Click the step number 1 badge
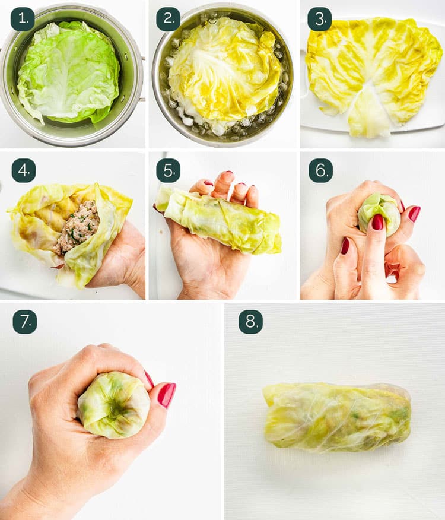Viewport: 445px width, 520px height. tap(23, 19)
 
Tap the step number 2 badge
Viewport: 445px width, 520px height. tap(168, 19)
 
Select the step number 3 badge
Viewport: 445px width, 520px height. tap(319, 19)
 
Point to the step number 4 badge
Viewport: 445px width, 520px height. tap(23, 170)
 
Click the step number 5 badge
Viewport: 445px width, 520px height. tap(168, 170)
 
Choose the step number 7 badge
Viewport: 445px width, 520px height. tap(24, 322)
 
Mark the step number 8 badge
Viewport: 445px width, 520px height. tap(250, 322)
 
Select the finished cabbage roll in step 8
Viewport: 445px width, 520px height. tap(337, 416)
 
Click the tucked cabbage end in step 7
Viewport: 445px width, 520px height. tap(114, 405)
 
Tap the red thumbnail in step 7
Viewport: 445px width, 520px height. tap(166, 395)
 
